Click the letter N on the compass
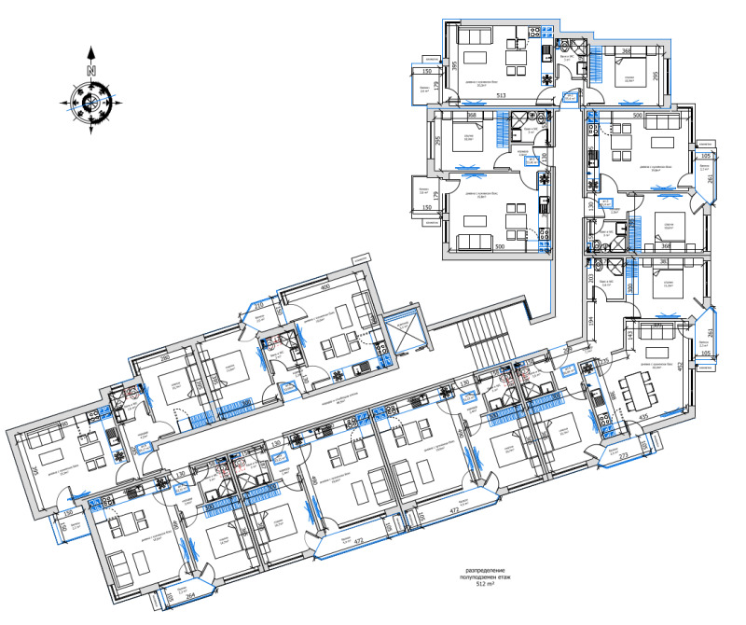90,70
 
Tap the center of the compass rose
91,101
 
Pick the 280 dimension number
165,357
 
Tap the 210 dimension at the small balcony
260,305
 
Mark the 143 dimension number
629,335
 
